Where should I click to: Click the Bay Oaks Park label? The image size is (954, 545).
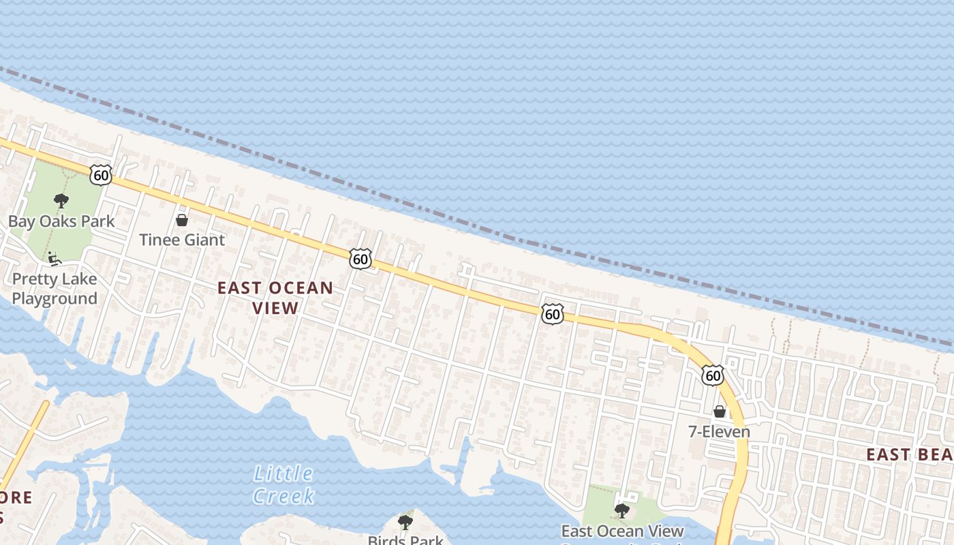coord(61,221)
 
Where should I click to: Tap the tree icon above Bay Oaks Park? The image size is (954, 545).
coord(61,201)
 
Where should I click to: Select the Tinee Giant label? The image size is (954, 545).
coord(182,240)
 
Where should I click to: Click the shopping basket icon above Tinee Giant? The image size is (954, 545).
coord(182,220)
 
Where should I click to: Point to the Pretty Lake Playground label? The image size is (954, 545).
coord(55,289)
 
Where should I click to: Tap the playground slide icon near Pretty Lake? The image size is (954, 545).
coord(54,259)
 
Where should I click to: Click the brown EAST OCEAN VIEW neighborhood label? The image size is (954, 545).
coord(275,298)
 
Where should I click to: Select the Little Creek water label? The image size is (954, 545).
coord(283,484)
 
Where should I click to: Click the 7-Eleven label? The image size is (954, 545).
coord(719,432)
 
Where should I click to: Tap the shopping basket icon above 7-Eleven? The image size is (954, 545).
coord(719,411)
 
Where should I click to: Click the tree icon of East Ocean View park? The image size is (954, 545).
coord(621,510)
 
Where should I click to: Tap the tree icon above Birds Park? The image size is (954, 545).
coord(405,523)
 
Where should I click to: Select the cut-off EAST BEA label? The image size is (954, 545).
coord(909,454)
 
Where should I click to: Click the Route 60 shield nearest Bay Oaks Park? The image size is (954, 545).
coord(101,174)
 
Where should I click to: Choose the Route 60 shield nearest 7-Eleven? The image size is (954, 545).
coord(713,375)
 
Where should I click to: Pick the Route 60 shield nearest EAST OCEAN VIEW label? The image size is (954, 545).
coord(361,259)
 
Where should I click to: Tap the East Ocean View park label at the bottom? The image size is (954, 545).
coord(622,531)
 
